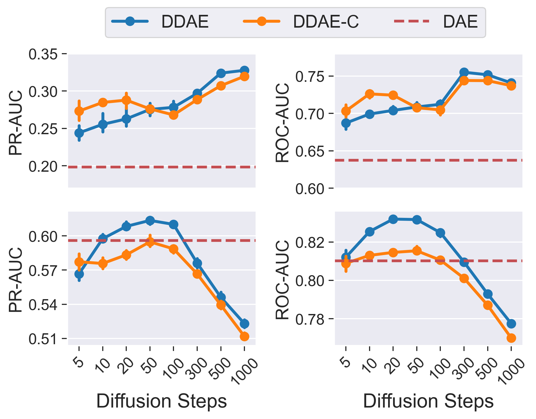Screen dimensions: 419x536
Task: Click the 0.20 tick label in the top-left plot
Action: [x=43, y=167]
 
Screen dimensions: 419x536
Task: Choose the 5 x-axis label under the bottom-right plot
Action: [x=346, y=363]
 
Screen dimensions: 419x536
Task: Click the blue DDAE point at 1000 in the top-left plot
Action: [x=244, y=70]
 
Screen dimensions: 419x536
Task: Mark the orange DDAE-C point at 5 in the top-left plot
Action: [x=79, y=111]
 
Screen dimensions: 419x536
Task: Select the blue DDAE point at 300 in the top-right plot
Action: [x=464, y=72]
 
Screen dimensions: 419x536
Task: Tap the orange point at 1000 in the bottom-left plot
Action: [x=244, y=336]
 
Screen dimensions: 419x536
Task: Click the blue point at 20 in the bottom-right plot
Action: [x=393, y=219]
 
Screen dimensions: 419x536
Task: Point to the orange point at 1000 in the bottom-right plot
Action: [x=511, y=338]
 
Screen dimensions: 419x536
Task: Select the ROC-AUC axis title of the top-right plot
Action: [x=282, y=122]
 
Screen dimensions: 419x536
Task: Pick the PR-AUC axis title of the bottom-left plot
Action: [x=16, y=279]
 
